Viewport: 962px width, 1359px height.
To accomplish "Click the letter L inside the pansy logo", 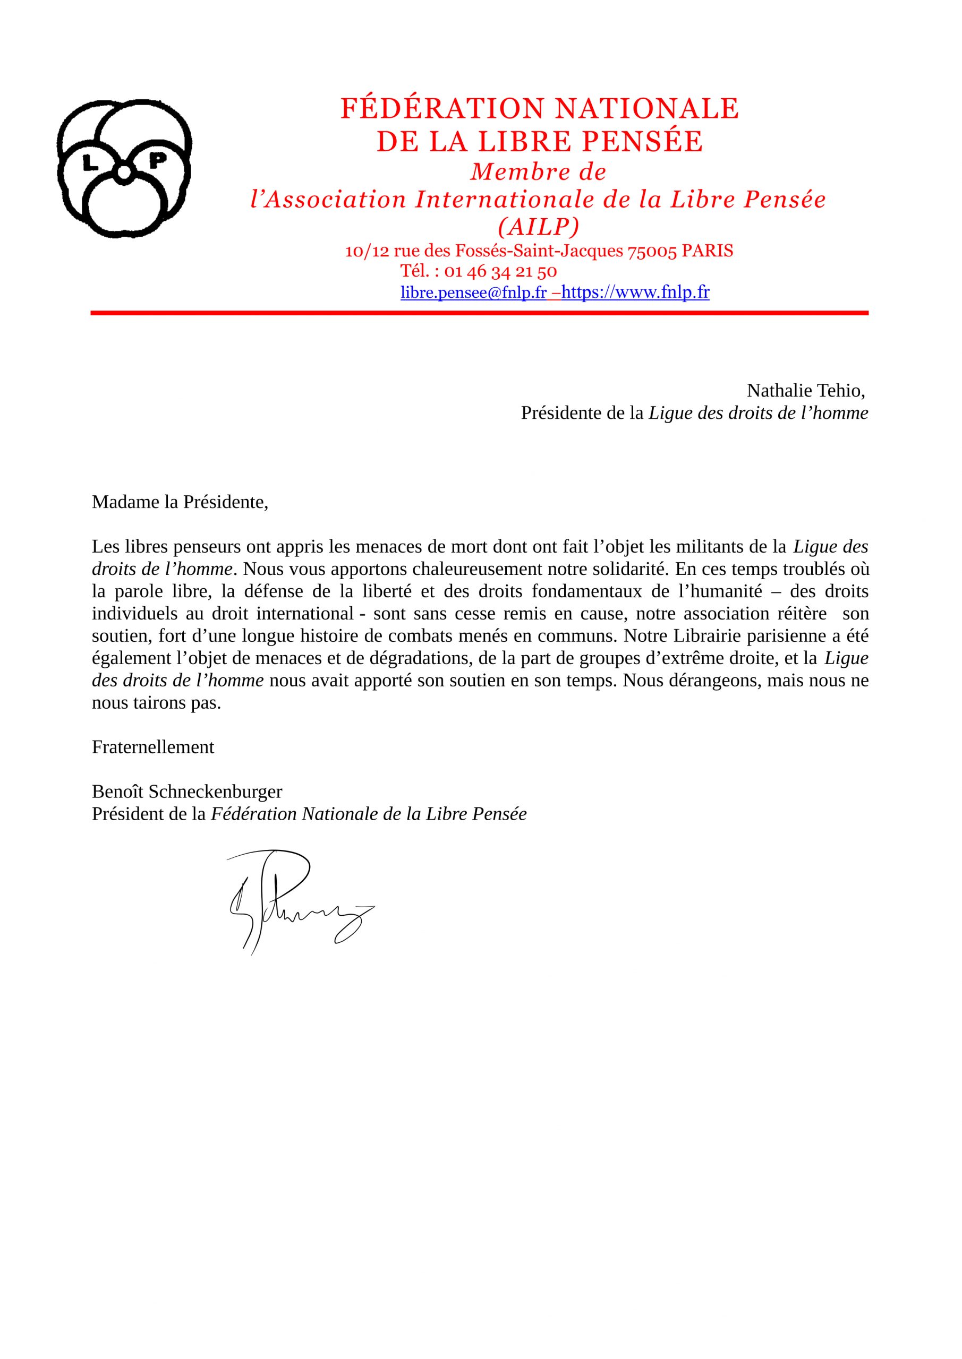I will point(91,164).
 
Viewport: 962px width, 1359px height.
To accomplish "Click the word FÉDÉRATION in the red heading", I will point(442,109).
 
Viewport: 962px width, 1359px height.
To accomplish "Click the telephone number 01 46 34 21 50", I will point(500,272).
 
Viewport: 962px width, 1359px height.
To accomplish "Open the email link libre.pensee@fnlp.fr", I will point(473,293).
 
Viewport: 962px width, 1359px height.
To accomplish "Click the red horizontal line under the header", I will point(479,313).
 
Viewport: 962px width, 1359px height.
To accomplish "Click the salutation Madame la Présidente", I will point(180,503).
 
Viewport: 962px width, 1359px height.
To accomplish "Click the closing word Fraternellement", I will point(153,747).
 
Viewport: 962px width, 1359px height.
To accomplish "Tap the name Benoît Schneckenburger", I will point(187,792).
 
